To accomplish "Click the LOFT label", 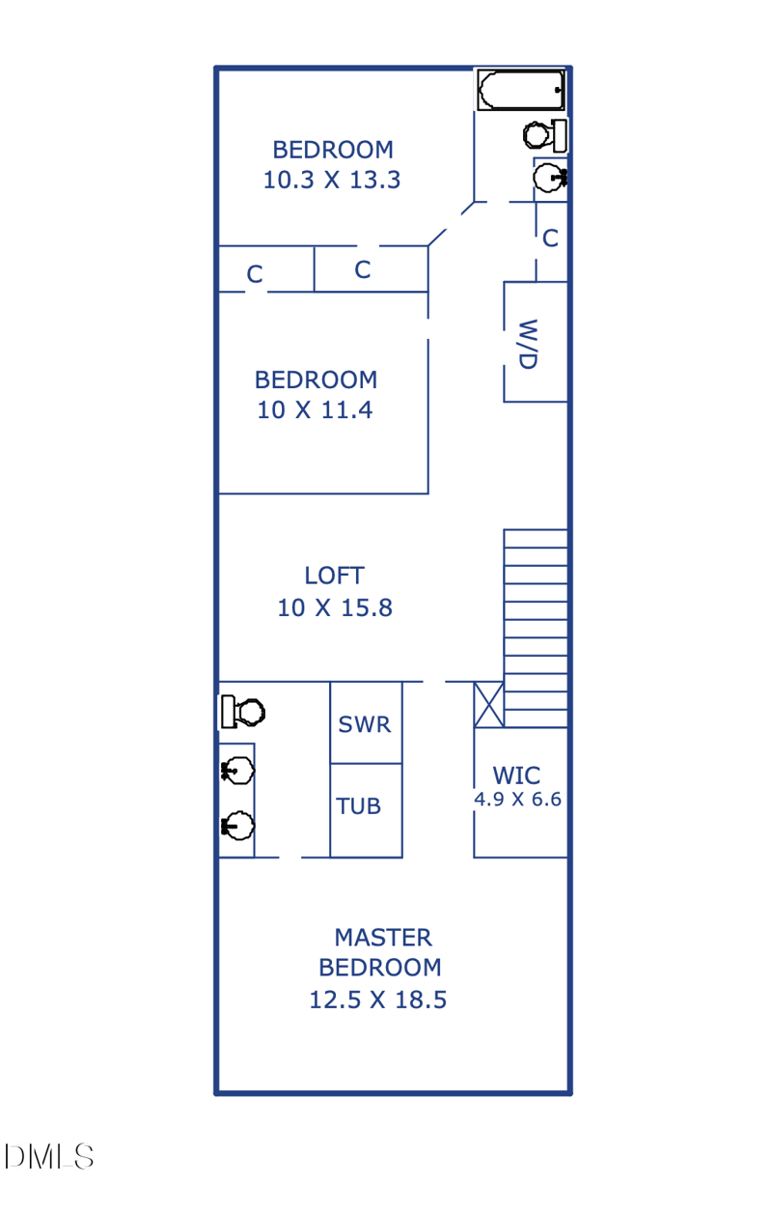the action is click(x=335, y=576).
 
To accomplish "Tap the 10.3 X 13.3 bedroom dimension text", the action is click(x=332, y=181).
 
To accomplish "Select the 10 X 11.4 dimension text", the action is click(x=315, y=410).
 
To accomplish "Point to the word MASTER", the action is click(x=383, y=938).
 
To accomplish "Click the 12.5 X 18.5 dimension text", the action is click(x=378, y=1000).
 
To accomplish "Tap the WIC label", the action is click(x=516, y=775).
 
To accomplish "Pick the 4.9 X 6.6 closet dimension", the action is click(x=518, y=800).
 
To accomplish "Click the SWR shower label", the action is click(x=365, y=724).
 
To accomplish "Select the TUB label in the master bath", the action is click(x=358, y=806).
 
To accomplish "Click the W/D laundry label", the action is click(x=528, y=345).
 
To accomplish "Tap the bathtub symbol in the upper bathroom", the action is click(x=521, y=90).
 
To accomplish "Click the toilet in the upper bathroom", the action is click(x=545, y=135).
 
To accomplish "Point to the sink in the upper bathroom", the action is click(x=550, y=178).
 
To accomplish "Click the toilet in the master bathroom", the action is click(x=243, y=712).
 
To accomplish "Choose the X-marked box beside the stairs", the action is click(x=488, y=704).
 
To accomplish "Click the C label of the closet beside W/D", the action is click(x=550, y=239).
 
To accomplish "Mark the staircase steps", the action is click(x=536, y=628).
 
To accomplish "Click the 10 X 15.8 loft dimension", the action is click(x=335, y=608).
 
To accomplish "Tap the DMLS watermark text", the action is click(x=48, y=1157).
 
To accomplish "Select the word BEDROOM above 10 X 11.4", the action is click(x=317, y=380).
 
